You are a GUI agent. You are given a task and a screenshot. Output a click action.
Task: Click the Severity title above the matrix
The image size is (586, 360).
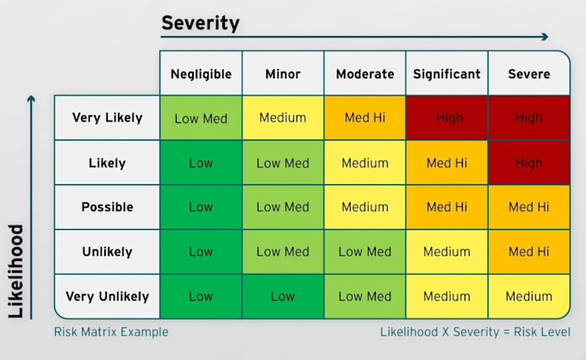pos(200,23)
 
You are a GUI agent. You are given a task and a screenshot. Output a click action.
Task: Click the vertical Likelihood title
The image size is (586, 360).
pos(16,271)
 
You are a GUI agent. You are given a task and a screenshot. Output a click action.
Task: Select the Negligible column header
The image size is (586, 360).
pos(201,74)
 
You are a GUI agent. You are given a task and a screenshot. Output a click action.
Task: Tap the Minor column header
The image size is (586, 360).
pos(283,74)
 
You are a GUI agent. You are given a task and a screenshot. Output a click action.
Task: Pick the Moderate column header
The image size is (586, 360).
pos(365,74)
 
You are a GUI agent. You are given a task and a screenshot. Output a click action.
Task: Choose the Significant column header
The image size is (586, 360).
pos(447,74)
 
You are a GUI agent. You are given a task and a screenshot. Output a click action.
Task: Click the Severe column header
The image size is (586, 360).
pos(529,74)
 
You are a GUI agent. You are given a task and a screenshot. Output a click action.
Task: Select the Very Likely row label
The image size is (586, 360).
pos(107,118)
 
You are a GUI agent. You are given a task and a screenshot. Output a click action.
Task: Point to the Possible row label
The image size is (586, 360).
pos(107,207)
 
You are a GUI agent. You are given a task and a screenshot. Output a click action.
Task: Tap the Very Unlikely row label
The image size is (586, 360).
pos(107,296)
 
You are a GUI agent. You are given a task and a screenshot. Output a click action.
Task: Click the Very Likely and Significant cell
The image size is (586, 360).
pos(447,118)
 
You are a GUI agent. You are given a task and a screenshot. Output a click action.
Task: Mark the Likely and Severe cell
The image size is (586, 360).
pos(529,163)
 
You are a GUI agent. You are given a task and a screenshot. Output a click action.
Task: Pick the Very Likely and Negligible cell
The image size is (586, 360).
pos(201,118)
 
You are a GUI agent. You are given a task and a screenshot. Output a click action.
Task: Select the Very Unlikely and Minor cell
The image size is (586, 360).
pos(283,296)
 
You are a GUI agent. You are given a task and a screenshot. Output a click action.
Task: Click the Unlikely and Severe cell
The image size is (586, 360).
pos(529,251)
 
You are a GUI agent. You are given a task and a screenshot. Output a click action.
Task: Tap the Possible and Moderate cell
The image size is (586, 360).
pos(365,207)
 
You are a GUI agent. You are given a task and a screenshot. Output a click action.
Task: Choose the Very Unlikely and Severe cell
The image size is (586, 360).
pos(529,296)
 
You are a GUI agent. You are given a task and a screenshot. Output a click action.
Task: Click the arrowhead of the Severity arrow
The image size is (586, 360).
pos(545,36)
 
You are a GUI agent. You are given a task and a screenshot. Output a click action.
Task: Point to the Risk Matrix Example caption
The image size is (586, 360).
pos(111,332)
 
